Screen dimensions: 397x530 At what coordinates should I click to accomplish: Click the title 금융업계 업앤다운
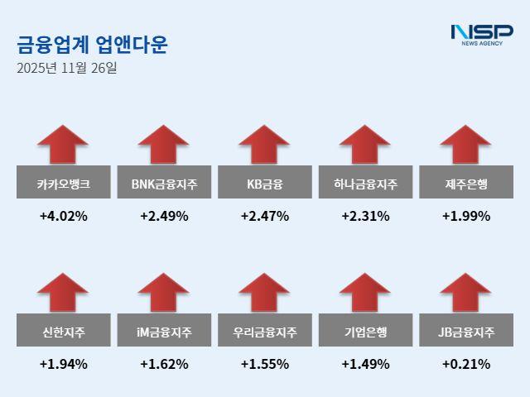[x=92, y=44]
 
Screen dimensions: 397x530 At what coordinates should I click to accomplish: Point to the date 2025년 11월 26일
[x=67, y=68]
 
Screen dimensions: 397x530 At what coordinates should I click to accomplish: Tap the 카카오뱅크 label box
[x=64, y=183]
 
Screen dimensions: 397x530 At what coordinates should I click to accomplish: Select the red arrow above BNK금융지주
[x=164, y=144]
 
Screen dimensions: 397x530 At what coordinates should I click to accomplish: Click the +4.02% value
[x=64, y=217]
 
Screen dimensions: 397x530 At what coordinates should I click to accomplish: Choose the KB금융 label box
[x=265, y=183]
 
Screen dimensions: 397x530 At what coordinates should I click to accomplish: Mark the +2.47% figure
[x=265, y=217]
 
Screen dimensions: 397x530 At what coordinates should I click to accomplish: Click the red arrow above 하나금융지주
[x=365, y=144]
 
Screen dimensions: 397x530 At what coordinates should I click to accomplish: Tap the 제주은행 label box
[x=466, y=183]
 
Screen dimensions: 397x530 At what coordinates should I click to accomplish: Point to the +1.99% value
[x=466, y=217]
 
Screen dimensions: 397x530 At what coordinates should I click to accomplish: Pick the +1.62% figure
[x=164, y=364]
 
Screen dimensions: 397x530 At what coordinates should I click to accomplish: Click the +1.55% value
[x=265, y=364]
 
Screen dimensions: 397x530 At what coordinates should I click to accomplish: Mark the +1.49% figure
[x=365, y=364]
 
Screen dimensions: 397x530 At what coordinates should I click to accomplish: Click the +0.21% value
[x=466, y=364]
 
